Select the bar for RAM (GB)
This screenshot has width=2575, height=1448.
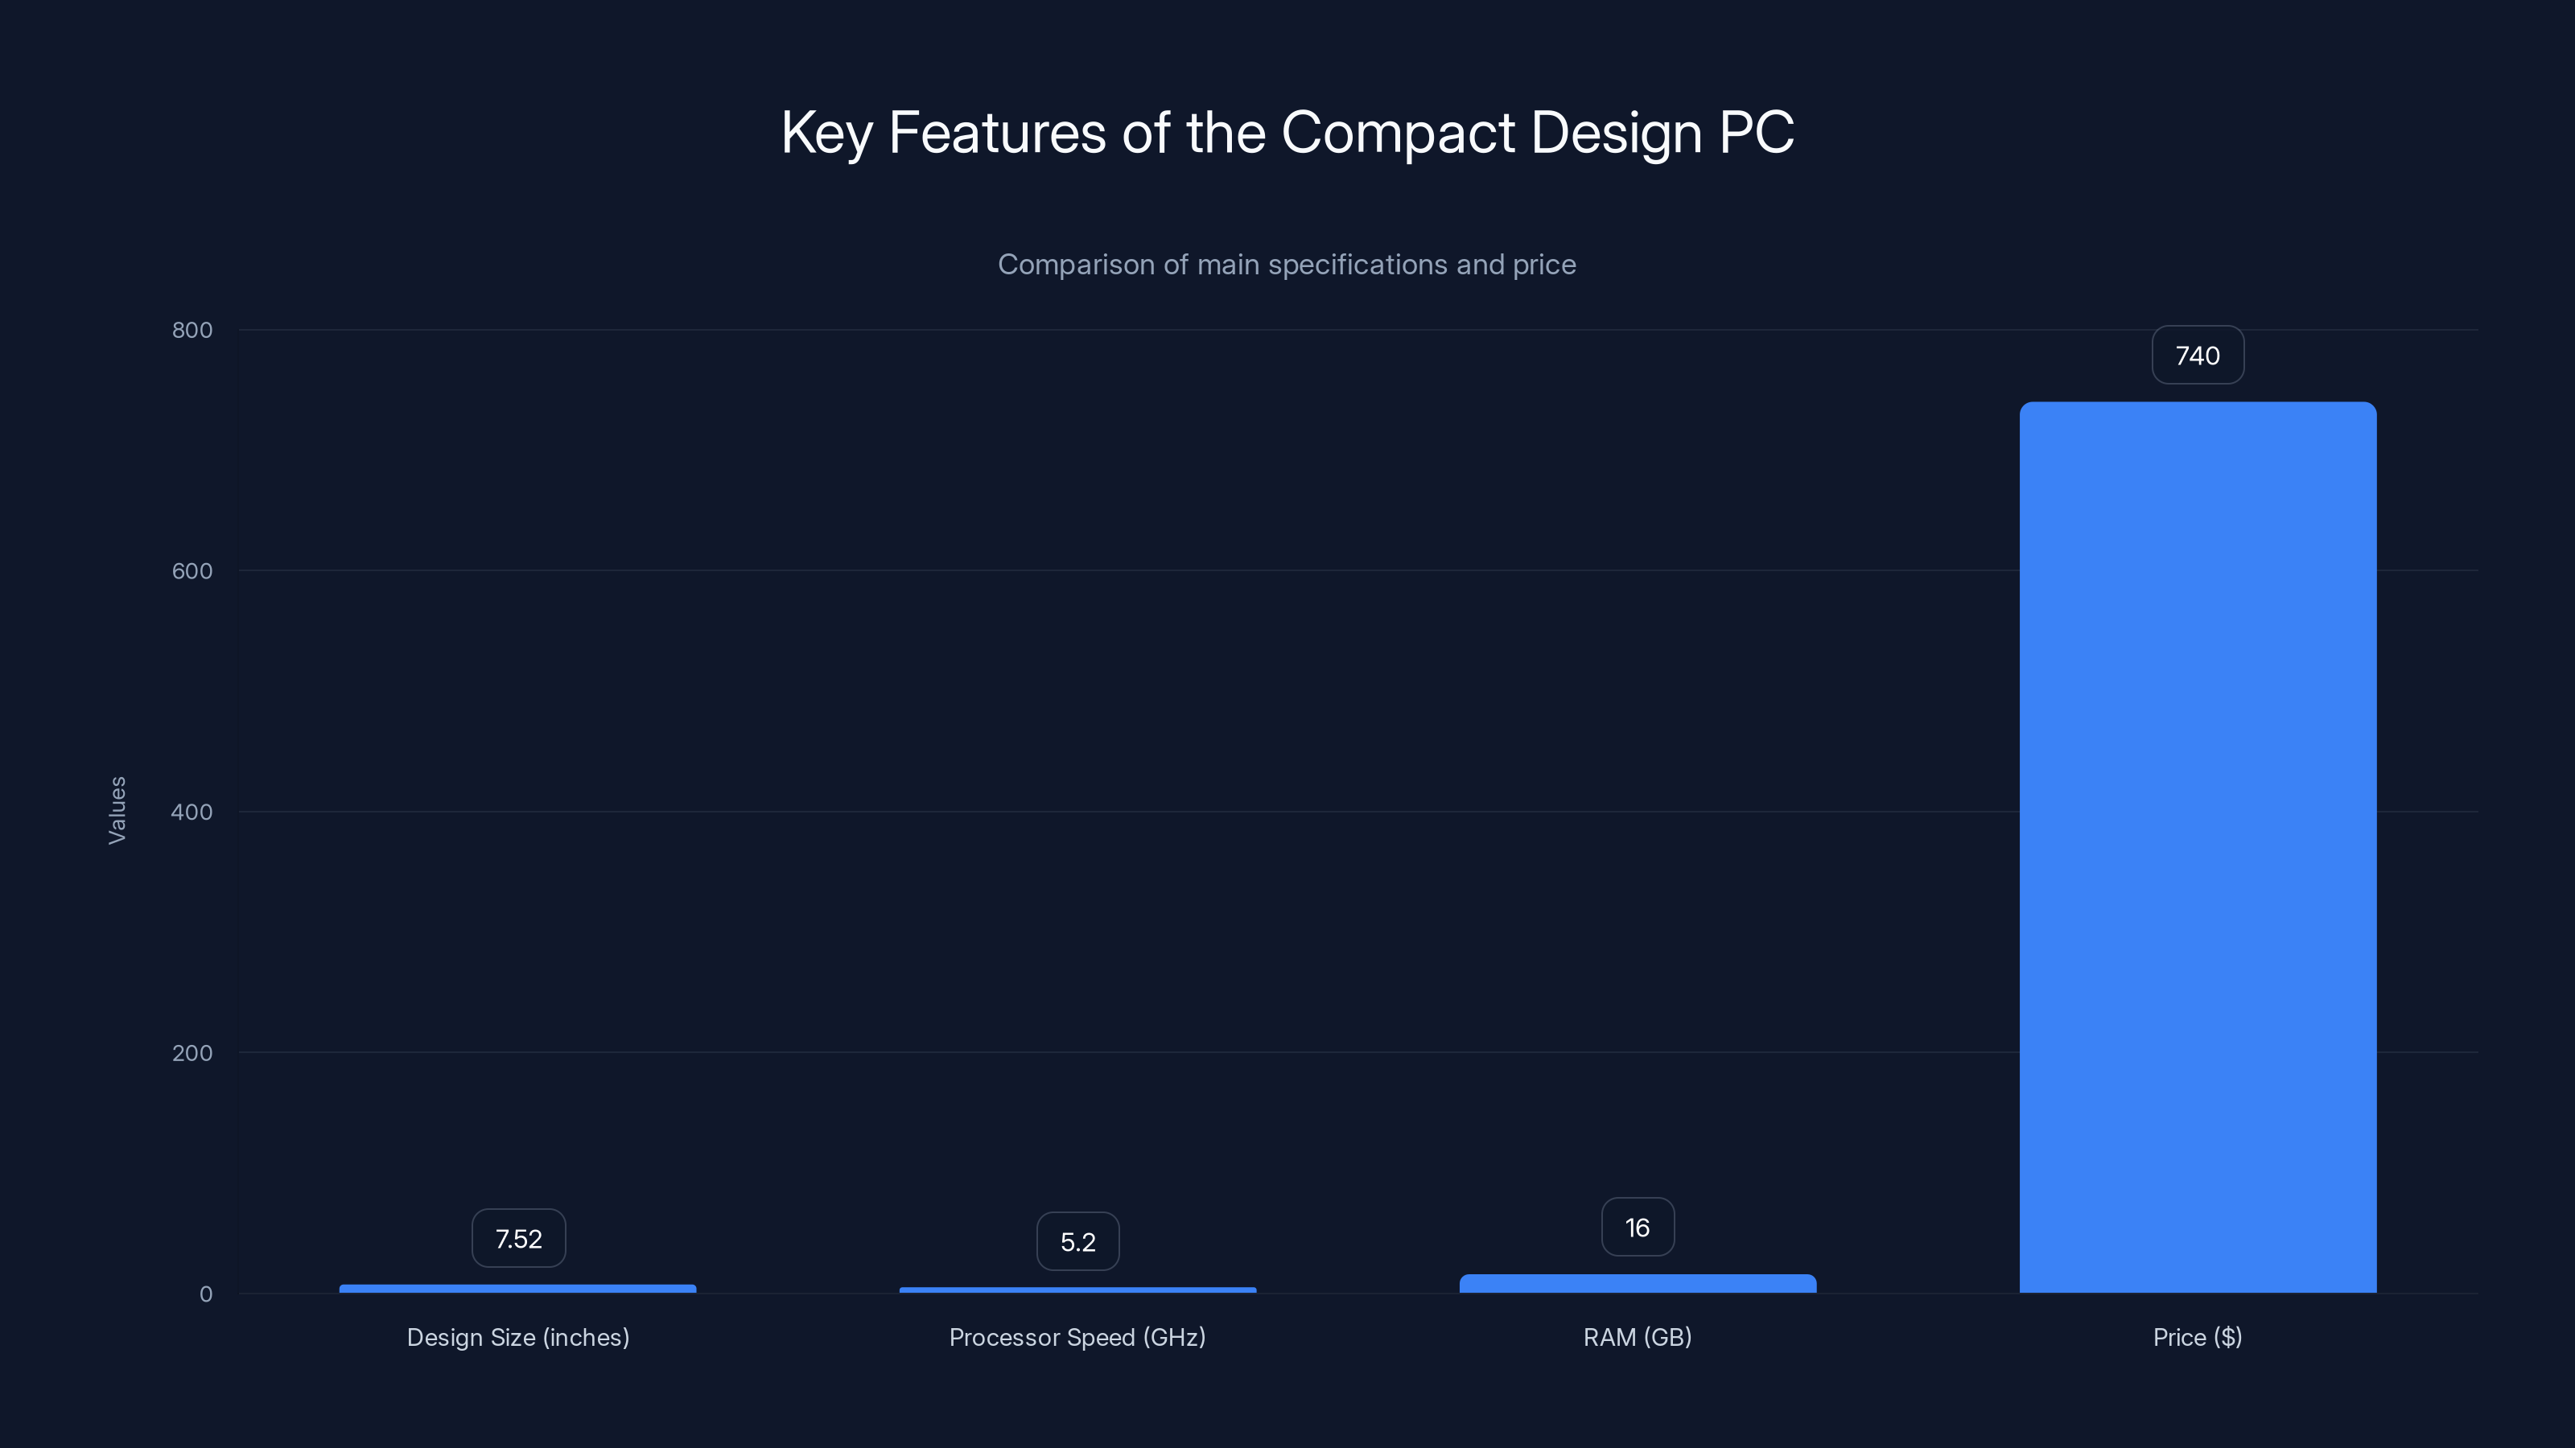pos(1638,1284)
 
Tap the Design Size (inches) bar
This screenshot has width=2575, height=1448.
pos(517,1289)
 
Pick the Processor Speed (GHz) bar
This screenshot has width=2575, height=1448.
pos(1077,1290)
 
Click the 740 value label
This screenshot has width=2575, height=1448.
pos(2197,356)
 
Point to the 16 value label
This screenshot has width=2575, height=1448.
pos(1638,1227)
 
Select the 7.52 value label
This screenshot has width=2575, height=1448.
pos(517,1239)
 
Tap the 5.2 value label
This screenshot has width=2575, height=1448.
pos(1077,1242)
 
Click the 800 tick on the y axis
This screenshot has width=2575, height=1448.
pos(192,330)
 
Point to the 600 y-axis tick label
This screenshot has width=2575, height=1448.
pos(192,570)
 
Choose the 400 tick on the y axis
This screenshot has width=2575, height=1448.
pos(192,812)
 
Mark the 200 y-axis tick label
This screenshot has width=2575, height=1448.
pos(192,1052)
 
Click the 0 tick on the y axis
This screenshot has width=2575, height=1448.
pos(206,1294)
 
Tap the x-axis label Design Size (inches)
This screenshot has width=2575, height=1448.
pos(517,1337)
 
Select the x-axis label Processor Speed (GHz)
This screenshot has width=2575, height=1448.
pos(1077,1337)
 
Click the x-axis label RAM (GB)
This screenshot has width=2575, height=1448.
pos(1638,1337)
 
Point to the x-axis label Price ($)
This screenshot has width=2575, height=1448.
pos(2197,1337)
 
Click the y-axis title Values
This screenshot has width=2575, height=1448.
pos(117,810)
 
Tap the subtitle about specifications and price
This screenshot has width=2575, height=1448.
pos(1287,265)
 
